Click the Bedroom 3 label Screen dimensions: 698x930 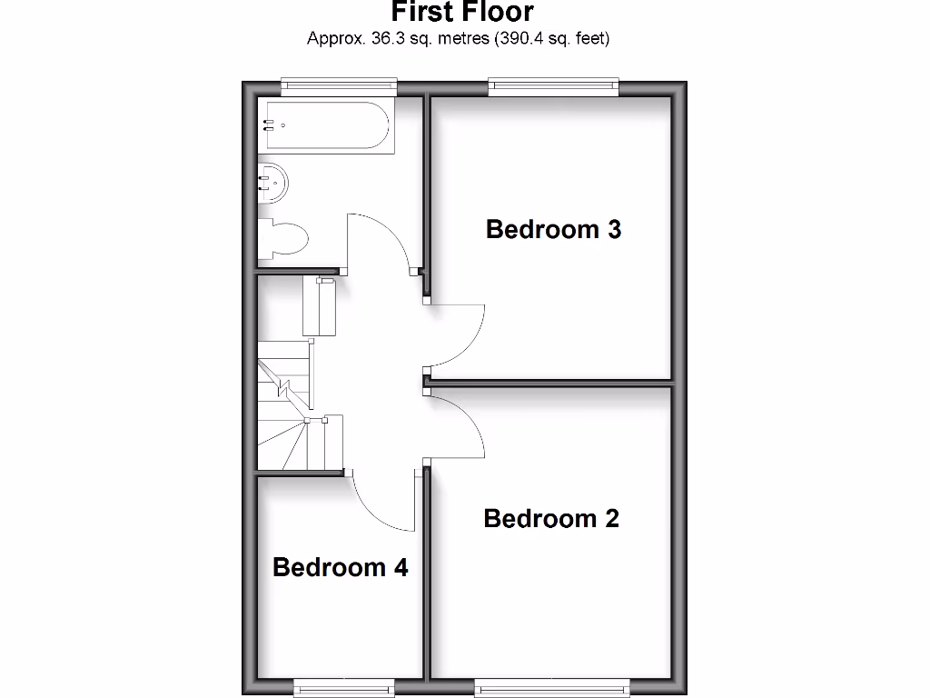[x=553, y=229]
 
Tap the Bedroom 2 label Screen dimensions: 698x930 [x=551, y=519]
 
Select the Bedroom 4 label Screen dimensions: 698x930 [x=340, y=568]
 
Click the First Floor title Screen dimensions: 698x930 [x=462, y=13]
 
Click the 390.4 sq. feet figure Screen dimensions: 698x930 [x=551, y=38]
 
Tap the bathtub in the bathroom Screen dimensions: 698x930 [x=329, y=126]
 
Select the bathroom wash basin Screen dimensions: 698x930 [x=273, y=184]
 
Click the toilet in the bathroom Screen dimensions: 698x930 [x=284, y=240]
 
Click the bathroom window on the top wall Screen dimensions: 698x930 [x=339, y=87]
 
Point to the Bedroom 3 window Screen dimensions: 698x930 [x=553, y=87]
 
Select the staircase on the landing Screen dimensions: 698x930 [x=286, y=404]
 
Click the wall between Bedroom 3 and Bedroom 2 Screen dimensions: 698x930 [x=550, y=383]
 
